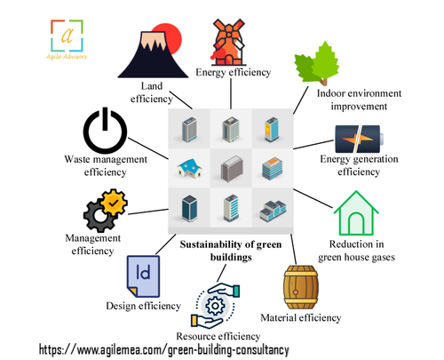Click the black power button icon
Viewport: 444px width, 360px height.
[x=107, y=130]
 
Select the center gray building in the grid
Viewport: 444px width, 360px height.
[x=230, y=167]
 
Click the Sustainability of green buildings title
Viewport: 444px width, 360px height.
[x=230, y=249]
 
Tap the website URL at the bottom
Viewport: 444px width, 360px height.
[x=178, y=349]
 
